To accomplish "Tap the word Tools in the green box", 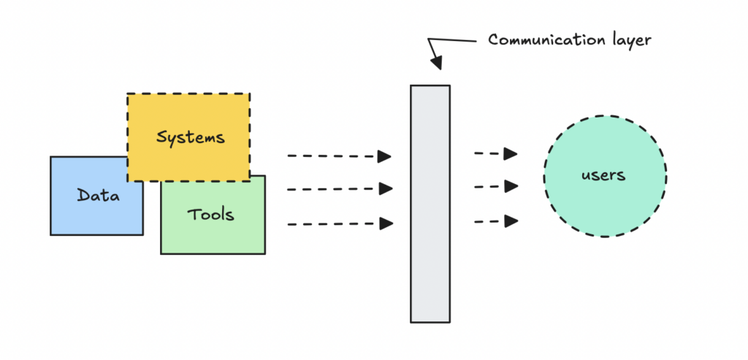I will coord(211,214).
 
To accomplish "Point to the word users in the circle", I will coord(604,175).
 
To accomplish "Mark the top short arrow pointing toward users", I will coord(495,153).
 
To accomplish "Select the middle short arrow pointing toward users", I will coord(495,186).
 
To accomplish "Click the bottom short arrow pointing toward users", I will coord(495,221).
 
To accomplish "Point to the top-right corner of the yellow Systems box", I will coord(250,94).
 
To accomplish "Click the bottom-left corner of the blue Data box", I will coord(50,234).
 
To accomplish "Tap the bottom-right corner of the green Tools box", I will coord(264,253).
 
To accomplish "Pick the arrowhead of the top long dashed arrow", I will coord(385,156).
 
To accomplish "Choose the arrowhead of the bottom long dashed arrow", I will coord(385,223).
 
